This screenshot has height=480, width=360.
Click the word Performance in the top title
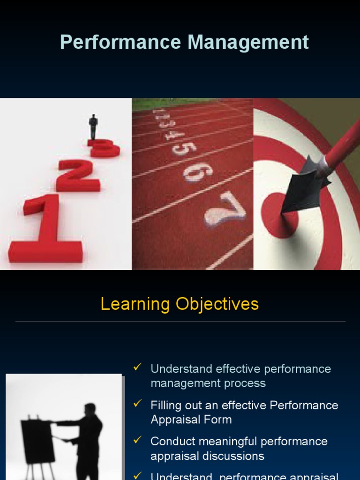click(120, 43)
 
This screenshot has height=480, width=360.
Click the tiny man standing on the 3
click(93, 126)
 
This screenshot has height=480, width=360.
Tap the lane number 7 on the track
click(226, 210)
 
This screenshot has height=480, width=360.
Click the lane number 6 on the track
click(197, 172)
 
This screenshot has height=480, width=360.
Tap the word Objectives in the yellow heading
click(217, 304)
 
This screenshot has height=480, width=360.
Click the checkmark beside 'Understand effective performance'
click(138, 367)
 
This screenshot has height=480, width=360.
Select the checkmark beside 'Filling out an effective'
click(138, 403)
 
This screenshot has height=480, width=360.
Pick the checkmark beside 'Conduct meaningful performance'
click(138, 440)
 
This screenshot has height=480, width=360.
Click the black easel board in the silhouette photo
click(37, 441)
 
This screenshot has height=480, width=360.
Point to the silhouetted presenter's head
click(90, 409)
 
